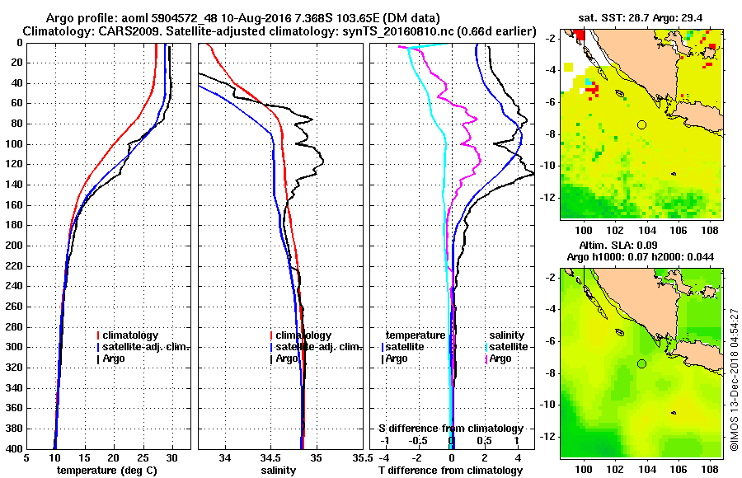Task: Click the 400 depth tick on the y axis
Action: (x=15, y=448)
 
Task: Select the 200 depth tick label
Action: (x=15, y=246)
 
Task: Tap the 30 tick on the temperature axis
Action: (x=172, y=458)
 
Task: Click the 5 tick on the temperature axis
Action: (x=27, y=458)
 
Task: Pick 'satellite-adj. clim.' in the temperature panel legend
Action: (x=146, y=347)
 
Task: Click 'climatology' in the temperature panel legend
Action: (x=132, y=335)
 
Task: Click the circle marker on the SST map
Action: (x=641, y=124)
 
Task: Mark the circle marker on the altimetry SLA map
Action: (x=641, y=363)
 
